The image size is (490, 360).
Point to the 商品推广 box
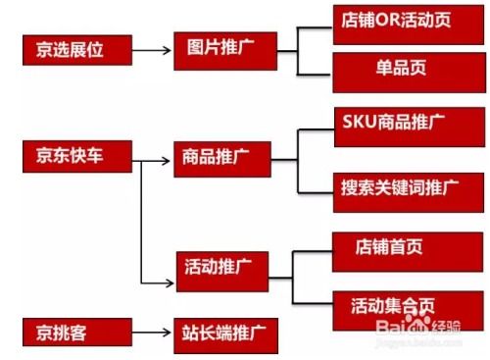pos(222,157)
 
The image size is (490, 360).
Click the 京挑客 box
pos(73,331)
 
